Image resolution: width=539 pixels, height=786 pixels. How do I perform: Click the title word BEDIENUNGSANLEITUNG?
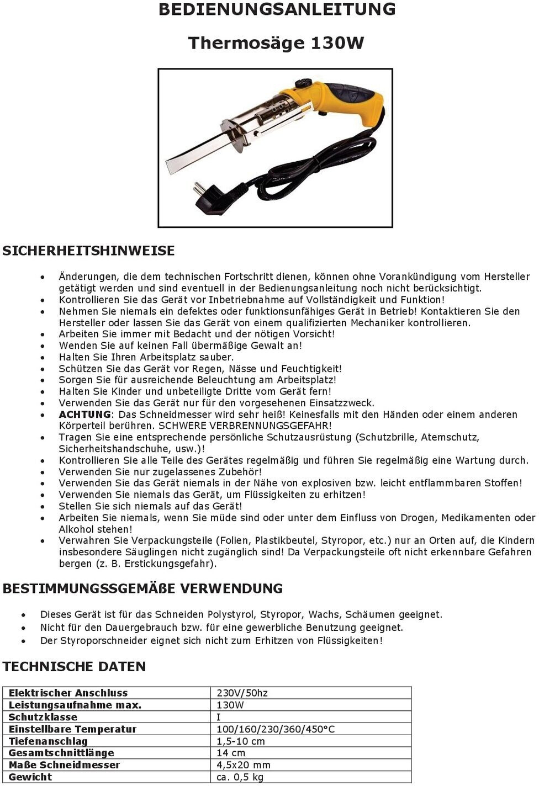click(x=277, y=9)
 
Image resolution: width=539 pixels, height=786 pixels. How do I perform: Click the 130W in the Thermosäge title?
click(x=337, y=43)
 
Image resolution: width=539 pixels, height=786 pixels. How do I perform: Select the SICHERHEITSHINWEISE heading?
click(x=88, y=251)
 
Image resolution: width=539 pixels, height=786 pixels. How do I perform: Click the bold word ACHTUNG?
click(x=85, y=415)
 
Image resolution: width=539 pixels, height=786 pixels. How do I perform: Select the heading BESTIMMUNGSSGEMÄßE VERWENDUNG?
click(x=142, y=588)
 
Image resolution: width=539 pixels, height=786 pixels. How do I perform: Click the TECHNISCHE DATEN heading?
click(x=74, y=666)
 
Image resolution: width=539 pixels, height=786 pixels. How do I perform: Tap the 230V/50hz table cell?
click(x=242, y=693)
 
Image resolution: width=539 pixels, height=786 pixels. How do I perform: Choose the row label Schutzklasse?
click(x=43, y=717)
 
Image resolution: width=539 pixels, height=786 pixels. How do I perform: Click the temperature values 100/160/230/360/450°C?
click(x=275, y=729)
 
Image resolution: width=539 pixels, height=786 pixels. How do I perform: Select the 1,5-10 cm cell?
click(x=240, y=741)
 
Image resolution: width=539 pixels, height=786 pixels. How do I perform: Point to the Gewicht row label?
click(x=30, y=777)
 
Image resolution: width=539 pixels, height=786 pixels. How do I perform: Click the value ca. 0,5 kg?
click(x=240, y=777)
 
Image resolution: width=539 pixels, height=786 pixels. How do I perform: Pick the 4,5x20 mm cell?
click(x=243, y=765)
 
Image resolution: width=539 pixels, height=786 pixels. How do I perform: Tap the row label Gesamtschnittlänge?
click(x=61, y=753)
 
